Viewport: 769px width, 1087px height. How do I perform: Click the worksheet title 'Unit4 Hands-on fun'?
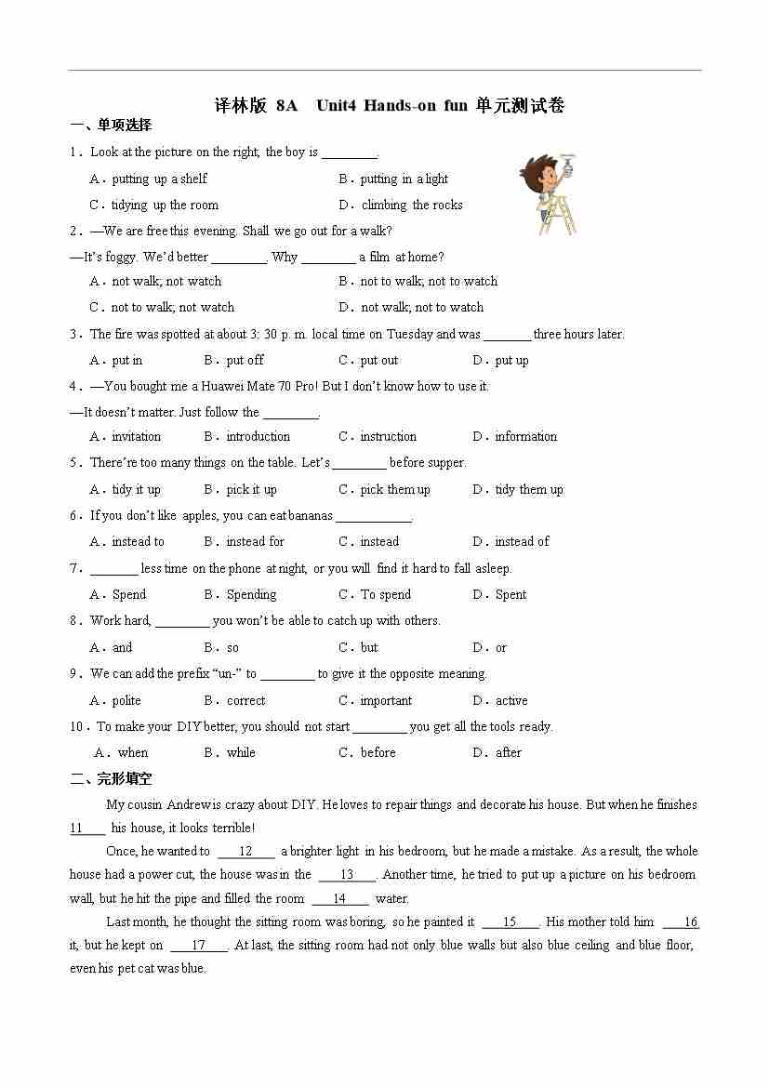(x=391, y=106)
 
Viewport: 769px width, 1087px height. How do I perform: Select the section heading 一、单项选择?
(x=111, y=126)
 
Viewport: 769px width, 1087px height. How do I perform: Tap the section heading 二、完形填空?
(x=111, y=779)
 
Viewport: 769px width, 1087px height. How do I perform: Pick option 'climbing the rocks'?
(x=411, y=205)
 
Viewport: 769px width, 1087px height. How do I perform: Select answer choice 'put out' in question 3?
(x=378, y=360)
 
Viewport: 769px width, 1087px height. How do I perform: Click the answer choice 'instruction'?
(x=388, y=436)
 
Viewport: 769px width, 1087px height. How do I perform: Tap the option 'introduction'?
(x=258, y=436)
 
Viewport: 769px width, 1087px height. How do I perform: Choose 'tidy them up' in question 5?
(x=528, y=489)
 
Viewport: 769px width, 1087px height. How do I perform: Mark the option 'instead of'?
(x=522, y=541)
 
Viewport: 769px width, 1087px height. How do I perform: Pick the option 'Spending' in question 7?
(x=251, y=594)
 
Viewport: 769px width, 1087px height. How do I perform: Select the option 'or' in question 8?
(x=501, y=647)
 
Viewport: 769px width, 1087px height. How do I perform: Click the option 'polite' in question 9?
(x=126, y=700)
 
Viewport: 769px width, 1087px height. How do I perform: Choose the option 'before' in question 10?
(x=378, y=752)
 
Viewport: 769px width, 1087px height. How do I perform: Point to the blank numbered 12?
(x=245, y=851)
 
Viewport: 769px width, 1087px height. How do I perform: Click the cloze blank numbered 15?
(x=510, y=921)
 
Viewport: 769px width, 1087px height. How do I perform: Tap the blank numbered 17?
(x=197, y=945)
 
